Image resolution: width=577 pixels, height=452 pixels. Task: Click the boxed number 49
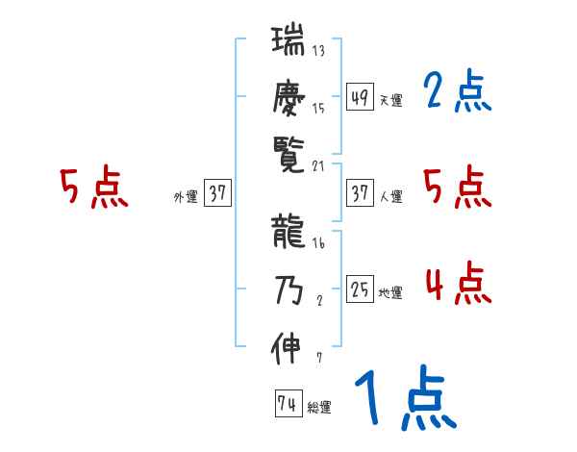[361, 97]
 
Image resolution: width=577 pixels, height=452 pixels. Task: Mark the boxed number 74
[288, 404]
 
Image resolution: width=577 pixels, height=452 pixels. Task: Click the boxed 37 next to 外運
[217, 193]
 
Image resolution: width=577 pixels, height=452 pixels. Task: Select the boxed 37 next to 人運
[361, 193]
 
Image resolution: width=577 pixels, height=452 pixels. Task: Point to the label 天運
[390, 100]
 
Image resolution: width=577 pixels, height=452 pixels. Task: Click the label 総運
[318, 408]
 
